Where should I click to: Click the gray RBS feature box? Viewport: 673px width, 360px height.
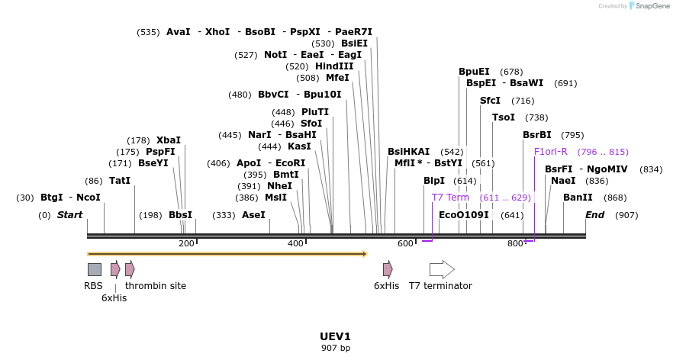click(x=94, y=269)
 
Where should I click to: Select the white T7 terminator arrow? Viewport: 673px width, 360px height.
click(x=442, y=269)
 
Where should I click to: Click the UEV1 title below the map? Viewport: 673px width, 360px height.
click(x=336, y=336)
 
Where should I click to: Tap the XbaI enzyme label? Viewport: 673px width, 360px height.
click(x=169, y=140)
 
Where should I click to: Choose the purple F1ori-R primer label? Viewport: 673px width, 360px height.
click(x=551, y=152)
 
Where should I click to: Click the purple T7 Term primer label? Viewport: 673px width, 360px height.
click(x=450, y=198)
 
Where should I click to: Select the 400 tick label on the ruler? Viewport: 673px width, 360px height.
click(x=295, y=243)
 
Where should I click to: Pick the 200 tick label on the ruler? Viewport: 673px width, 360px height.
click(x=186, y=243)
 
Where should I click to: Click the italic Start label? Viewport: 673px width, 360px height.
click(x=69, y=215)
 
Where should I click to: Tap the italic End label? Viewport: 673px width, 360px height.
click(x=594, y=215)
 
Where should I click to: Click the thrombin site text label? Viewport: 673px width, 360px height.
click(x=156, y=286)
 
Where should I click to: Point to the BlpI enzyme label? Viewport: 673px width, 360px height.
click(x=434, y=181)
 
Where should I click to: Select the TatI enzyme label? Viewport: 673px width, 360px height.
click(x=120, y=181)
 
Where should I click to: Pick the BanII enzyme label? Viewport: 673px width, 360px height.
click(x=578, y=198)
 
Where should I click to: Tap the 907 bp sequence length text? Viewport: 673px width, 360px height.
click(x=336, y=349)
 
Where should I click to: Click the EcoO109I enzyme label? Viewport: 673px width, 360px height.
click(x=463, y=215)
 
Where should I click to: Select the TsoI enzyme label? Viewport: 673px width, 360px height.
click(x=504, y=117)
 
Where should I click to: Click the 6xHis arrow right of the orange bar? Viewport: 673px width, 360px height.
click(x=388, y=269)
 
